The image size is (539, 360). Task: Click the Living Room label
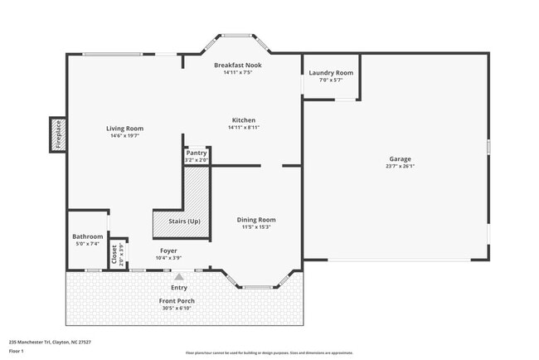[x=124, y=129]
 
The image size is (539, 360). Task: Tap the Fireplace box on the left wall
[x=58, y=134]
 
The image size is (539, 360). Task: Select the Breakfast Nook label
[x=237, y=65]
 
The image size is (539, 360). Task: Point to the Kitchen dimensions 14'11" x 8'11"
[x=243, y=128]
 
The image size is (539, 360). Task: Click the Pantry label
[x=197, y=153]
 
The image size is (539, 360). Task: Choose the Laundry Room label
[x=331, y=73]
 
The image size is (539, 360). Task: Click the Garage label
[x=401, y=158]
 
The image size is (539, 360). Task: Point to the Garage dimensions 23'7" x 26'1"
[x=401, y=166]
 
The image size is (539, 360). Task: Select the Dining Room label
[x=256, y=219]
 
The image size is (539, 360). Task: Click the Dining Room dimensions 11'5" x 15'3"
[x=256, y=226]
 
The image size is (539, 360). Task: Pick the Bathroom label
[x=87, y=236]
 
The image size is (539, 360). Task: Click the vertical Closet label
[x=114, y=255]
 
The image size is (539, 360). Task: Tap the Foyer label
[x=168, y=251]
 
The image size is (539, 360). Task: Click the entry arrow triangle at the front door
[x=178, y=275]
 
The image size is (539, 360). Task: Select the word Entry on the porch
[x=179, y=288]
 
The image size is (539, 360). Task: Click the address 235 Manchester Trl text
[x=50, y=342]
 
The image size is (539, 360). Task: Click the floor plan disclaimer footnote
[x=269, y=353]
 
